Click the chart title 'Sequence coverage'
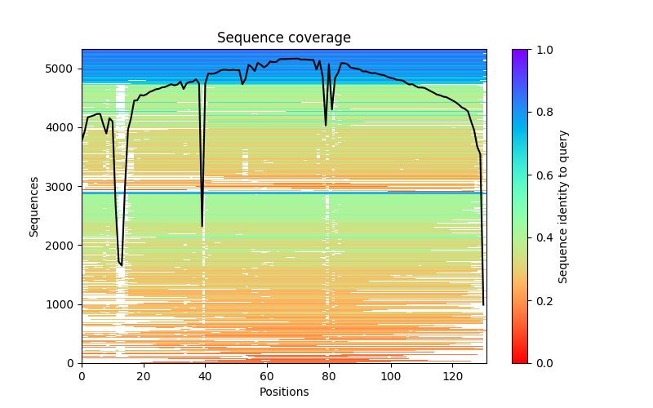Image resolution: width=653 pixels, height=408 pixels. click(283, 38)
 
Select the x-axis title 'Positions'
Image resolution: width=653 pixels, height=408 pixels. click(283, 392)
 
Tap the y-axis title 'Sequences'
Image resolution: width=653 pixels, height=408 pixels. click(34, 206)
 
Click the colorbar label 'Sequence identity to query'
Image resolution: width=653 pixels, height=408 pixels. click(563, 206)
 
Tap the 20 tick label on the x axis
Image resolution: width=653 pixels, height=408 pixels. click(144, 376)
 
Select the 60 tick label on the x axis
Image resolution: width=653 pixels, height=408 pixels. click(267, 376)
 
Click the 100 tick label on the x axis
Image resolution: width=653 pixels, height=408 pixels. click(391, 376)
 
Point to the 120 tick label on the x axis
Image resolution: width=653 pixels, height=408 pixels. click(453, 376)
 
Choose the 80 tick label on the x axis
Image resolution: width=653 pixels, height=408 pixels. click(329, 376)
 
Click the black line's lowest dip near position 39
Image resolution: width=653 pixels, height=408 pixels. click(202, 225)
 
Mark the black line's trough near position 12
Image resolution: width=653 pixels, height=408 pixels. click(122, 265)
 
